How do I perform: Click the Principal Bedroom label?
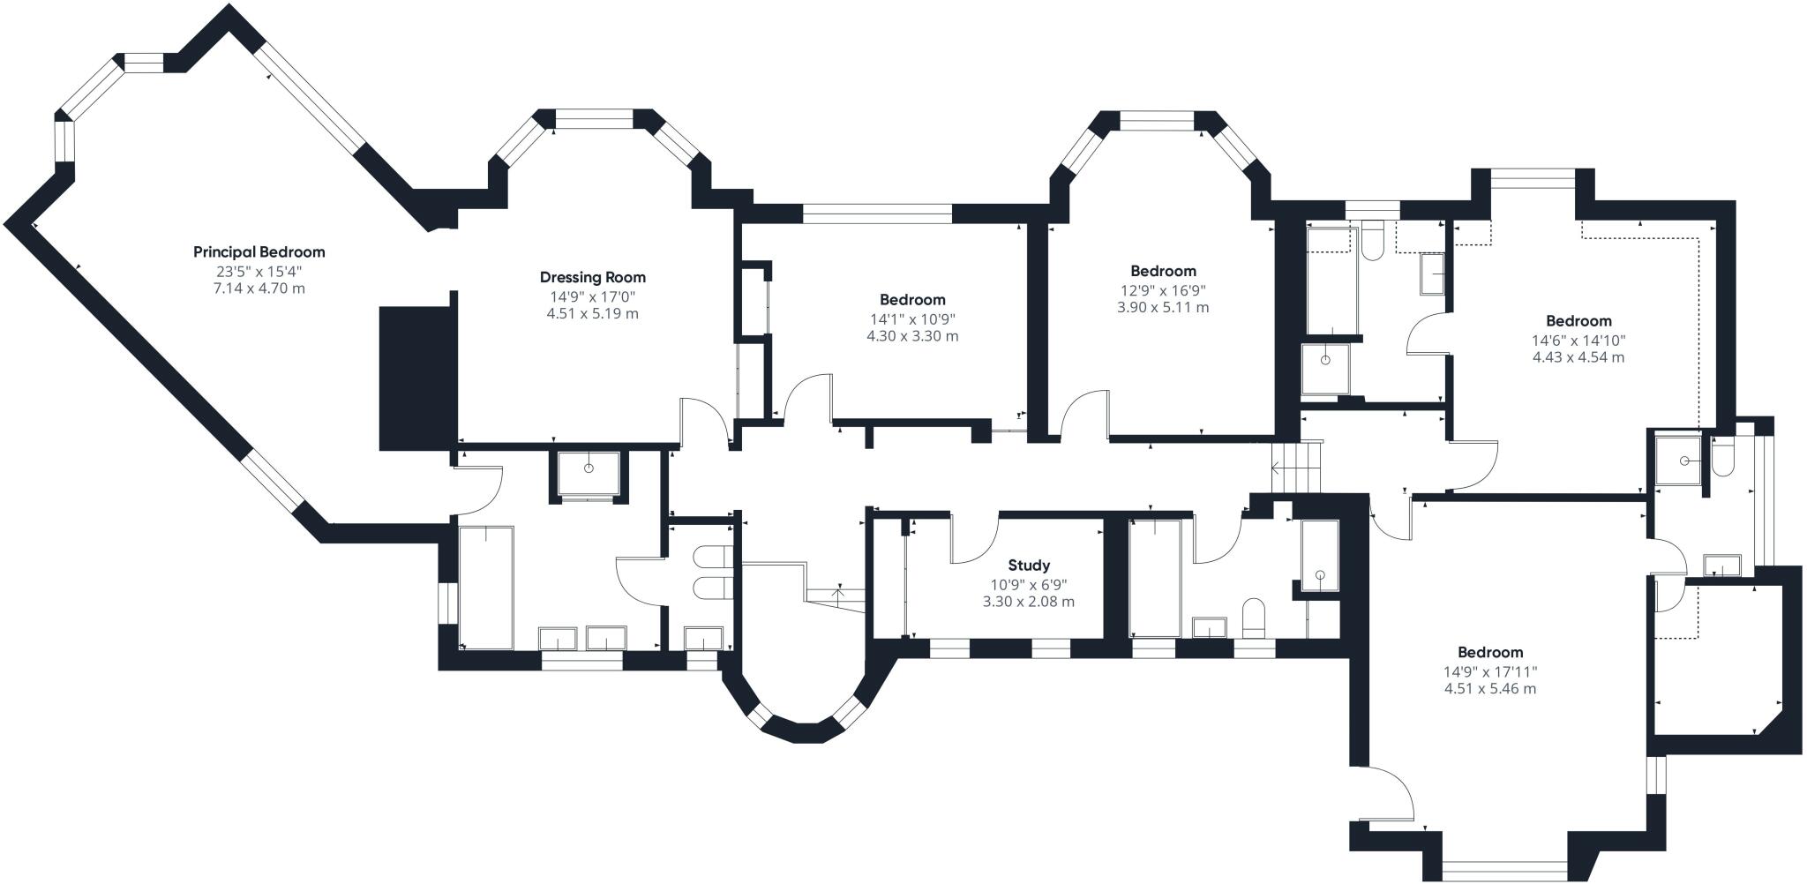pyautogui.click(x=259, y=252)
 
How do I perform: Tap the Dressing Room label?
pyautogui.click(x=592, y=277)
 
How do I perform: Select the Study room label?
pyautogui.click(x=1029, y=566)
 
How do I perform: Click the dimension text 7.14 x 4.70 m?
pyautogui.click(x=259, y=288)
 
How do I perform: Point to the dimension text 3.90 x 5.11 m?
pyautogui.click(x=1163, y=308)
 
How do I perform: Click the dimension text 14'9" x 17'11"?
pyautogui.click(x=1489, y=671)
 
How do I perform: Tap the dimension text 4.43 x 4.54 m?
pyautogui.click(x=1578, y=357)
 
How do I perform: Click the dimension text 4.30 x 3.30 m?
pyautogui.click(x=912, y=336)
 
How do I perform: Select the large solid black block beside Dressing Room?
pyautogui.click(x=416, y=378)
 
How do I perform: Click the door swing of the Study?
pyautogui.click(x=972, y=540)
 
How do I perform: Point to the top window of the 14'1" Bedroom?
pyautogui.click(x=877, y=212)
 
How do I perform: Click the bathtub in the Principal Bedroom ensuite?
pyautogui.click(x=485, y=586)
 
